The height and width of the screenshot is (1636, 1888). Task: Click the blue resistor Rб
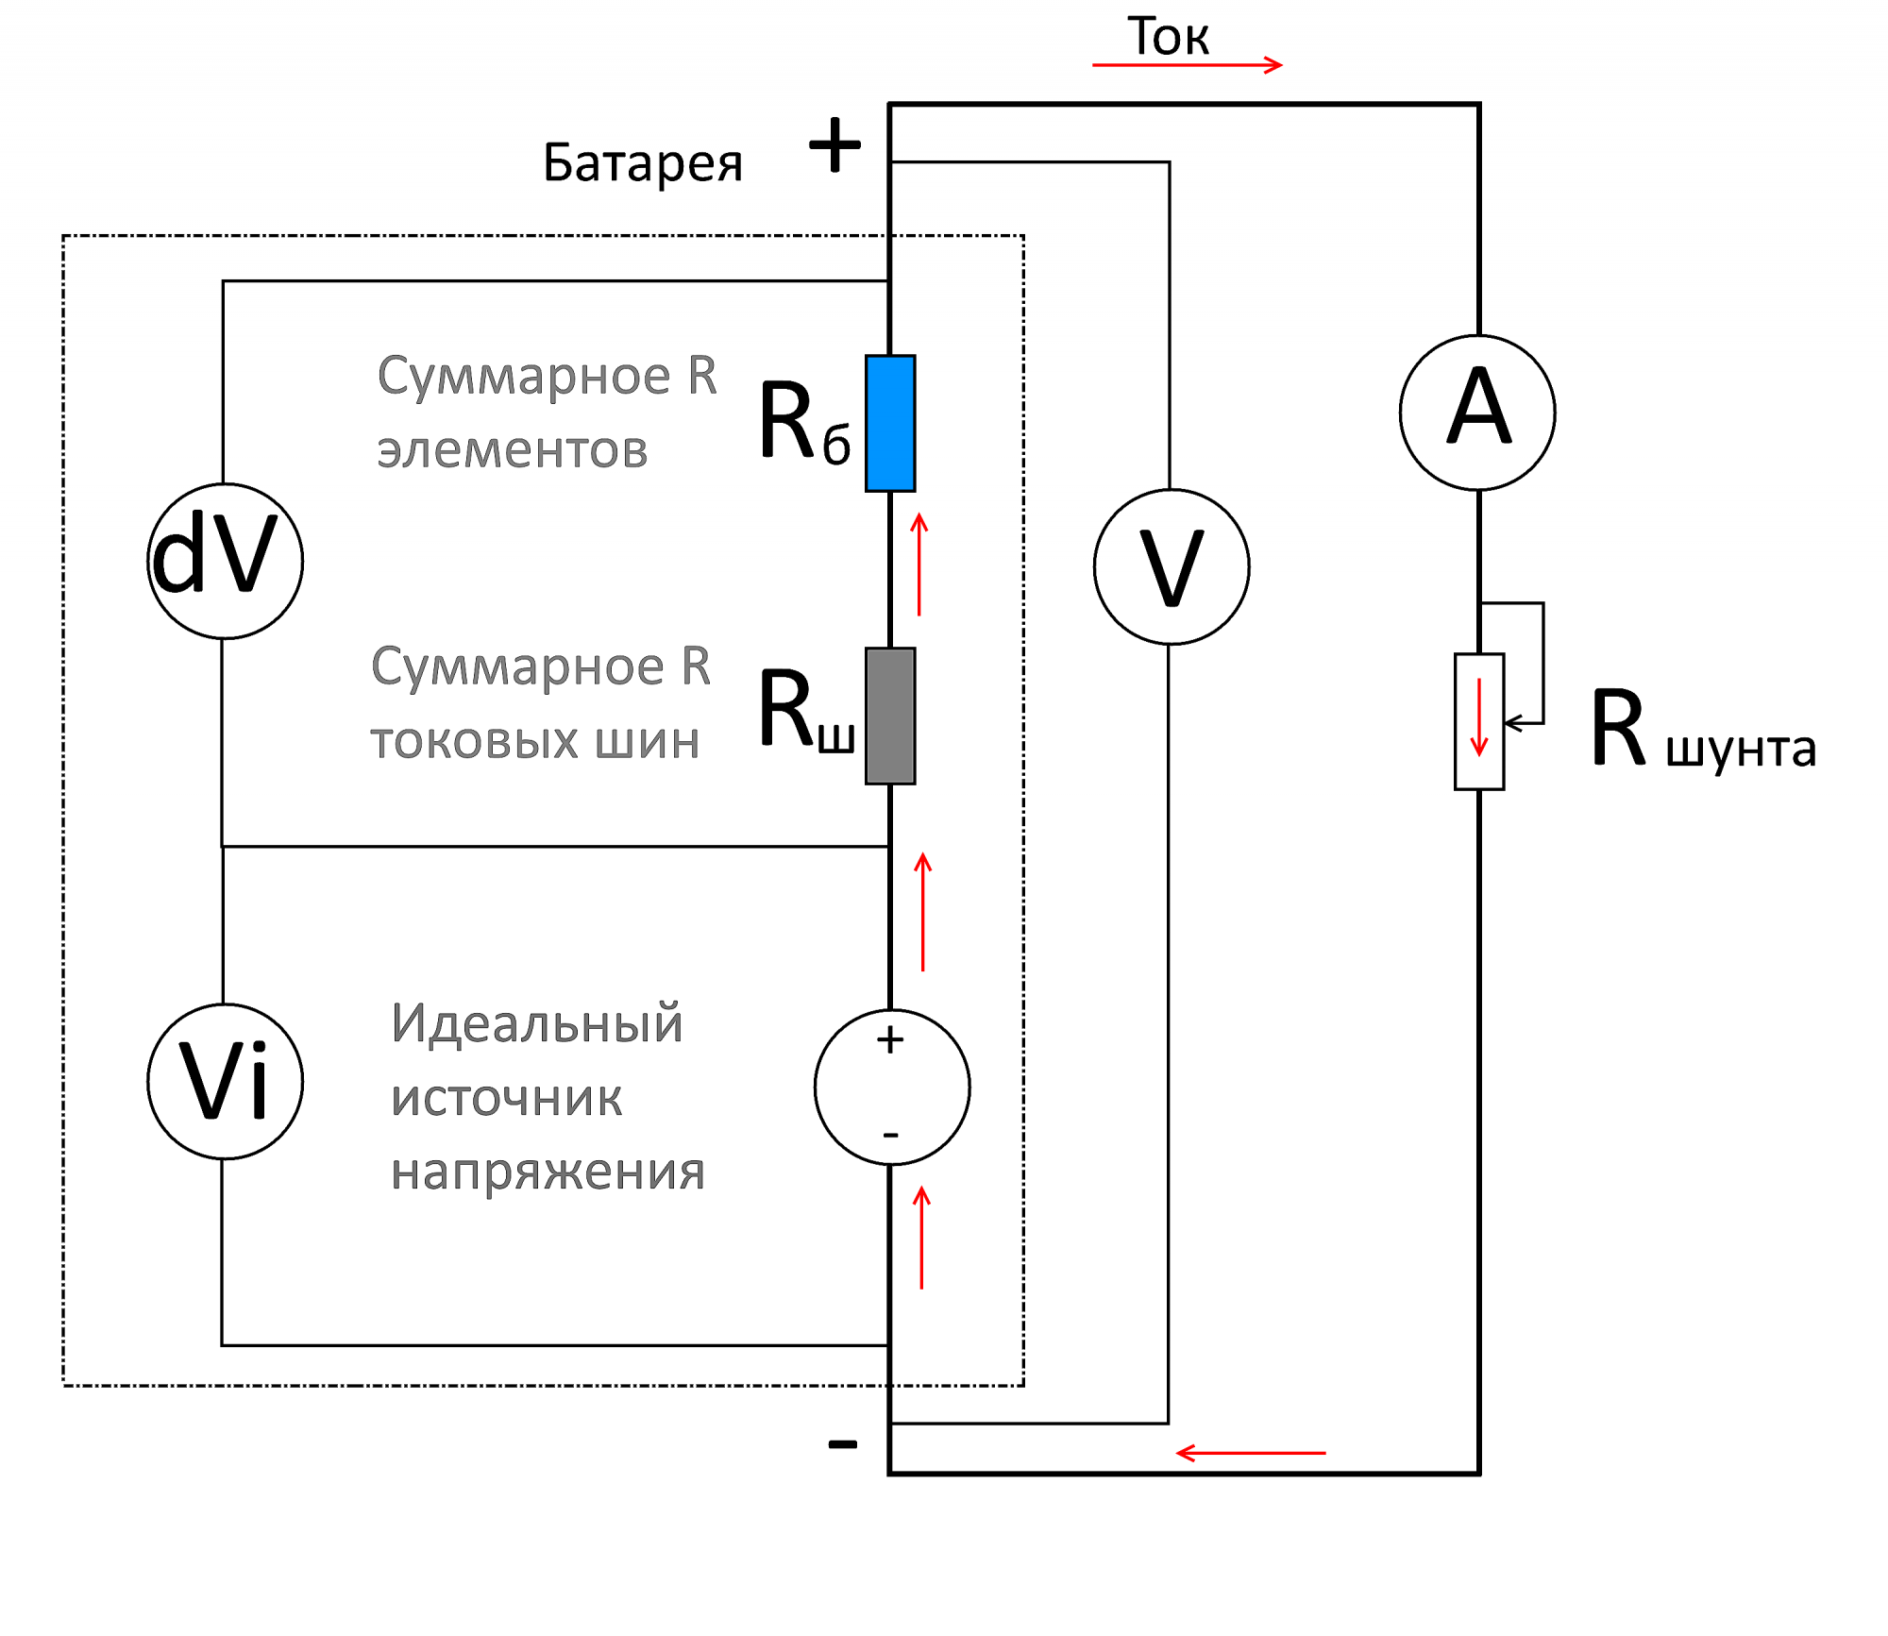(890, 423)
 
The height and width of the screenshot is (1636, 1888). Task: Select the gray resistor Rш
(890, 716)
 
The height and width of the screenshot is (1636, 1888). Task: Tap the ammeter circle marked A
(1477, 413)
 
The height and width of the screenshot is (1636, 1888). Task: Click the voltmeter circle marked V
(1172, 566)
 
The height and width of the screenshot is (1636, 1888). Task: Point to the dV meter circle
(225, 561)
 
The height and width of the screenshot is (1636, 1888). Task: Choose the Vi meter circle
(225, 1081)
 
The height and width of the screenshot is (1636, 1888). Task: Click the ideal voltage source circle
(892, 1088)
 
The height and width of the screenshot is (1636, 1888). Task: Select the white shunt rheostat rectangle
(1479, 721)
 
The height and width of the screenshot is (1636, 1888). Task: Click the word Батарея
(643, 163)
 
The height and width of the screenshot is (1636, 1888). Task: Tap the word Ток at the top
(1168, 38)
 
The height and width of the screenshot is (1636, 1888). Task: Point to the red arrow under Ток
(1187, 65)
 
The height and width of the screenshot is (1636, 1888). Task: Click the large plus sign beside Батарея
(835, 145)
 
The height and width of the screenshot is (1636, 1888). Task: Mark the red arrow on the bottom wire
(1251, 1453)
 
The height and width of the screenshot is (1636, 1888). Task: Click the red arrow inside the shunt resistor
(1479, 717)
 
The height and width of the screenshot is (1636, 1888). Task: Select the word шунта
(1741, 750)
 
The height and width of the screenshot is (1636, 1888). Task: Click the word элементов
(513, 450)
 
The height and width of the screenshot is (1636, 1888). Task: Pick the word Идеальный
(536, 1023)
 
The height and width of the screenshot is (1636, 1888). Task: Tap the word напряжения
(548, 1172)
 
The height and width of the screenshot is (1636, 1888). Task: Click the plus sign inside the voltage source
(890, 1040)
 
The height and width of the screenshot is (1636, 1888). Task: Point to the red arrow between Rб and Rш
(919, 565)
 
